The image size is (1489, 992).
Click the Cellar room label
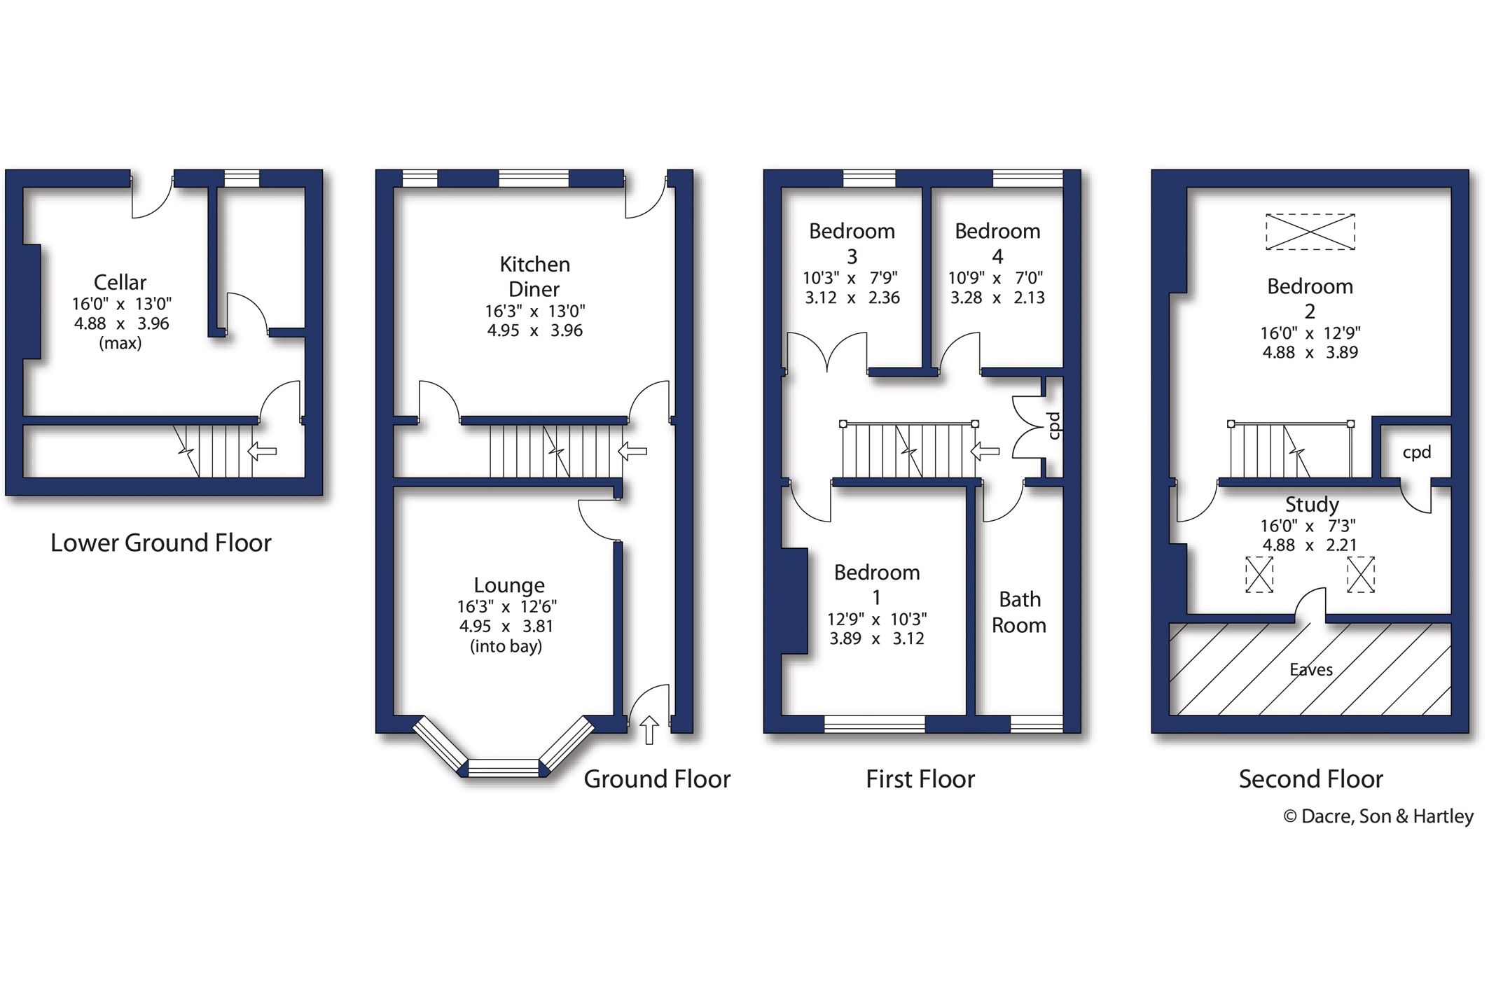[x=120, y=282]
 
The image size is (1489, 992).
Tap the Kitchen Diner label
[x=534, y=277]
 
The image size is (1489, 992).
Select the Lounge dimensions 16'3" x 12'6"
[x=506, y=606]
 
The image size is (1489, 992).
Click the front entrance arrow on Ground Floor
[x=649, y=729]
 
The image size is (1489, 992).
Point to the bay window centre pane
[x=504, y=768]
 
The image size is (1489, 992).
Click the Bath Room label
[x=1019, y=612]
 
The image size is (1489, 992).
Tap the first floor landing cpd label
[x=1054, y=426]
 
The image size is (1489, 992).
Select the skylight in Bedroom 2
[x=1310, y=232]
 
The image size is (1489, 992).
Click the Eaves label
[x=1310, y=670]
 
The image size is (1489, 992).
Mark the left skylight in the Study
[x=1259, y=575]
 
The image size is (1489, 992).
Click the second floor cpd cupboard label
[x=1416, y=452]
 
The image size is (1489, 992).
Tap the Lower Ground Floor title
[x=160, y=543]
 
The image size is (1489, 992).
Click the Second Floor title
[x=1310, y=778]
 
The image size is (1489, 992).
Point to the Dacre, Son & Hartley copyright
[x=1378, y=816]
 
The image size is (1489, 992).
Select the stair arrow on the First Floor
[x=984, y=452]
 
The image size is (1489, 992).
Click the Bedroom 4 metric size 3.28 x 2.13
[x=997, y=298]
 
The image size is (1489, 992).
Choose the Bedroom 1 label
[x=876, y=584]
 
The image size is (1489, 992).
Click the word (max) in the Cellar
[x=120, y=343]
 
